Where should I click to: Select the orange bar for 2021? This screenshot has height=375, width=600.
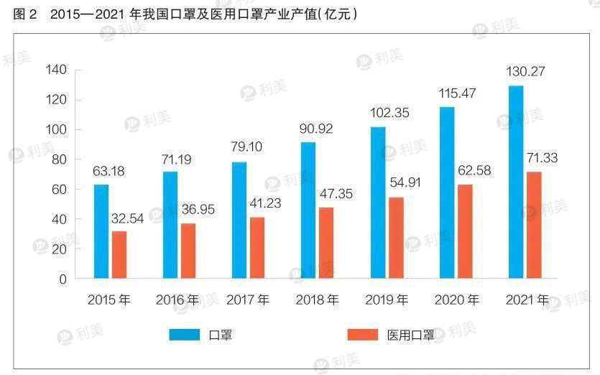[x=533, y=225]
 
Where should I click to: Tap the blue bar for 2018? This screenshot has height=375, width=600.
[x=308, y=210]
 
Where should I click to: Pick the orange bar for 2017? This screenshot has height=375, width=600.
[x=257, y=247]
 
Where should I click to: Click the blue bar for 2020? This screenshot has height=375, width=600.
[x=447, y=193]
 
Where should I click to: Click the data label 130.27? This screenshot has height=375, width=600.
[x=525, y=71]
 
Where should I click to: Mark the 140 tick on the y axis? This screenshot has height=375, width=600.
[x=55, y=70]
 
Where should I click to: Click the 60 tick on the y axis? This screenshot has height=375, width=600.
[x=58, y=189]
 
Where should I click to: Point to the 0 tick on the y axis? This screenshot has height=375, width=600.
[x=62, y=279]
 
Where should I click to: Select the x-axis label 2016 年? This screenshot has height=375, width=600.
[x=177, y=300]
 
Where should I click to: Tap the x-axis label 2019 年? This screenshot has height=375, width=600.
[x=387, y=300]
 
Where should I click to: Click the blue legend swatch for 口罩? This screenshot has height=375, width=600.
[x=185, y=334]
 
